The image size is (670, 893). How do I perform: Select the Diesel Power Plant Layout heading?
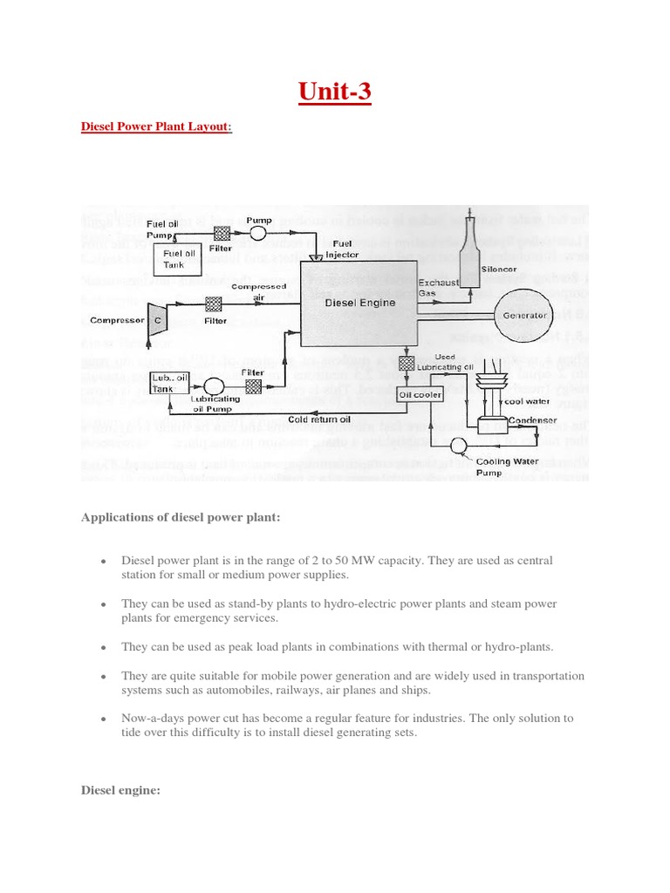coord(156,126)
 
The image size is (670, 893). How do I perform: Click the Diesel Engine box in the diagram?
coord(359,304)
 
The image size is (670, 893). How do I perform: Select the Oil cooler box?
coord(420,394)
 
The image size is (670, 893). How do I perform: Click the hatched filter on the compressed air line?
coord(213,304)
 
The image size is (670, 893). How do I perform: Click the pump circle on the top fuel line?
coord(259,233)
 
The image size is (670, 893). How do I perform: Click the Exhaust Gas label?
coord(433,289)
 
